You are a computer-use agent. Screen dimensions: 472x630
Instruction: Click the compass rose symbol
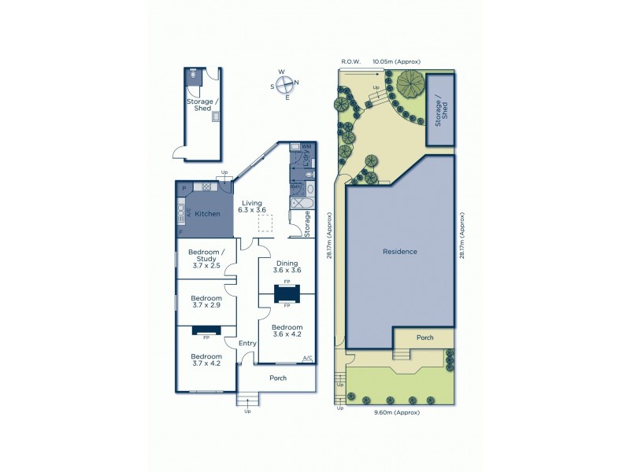click(x=287, y=84)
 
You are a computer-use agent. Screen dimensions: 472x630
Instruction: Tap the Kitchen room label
click(x=207, y=214)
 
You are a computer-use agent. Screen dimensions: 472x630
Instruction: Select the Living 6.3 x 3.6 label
click(x=254, y=207)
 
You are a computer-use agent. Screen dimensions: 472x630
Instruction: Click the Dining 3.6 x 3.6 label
click(x=287, y=266)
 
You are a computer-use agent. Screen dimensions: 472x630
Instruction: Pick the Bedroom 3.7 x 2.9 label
click(x=206, y=303)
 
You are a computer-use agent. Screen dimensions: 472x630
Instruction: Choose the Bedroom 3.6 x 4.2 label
click(x=287, y=330)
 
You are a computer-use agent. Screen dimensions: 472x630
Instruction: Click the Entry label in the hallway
click(x=247, y=343)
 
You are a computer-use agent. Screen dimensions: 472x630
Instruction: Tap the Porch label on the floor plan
click(x=277, y=378)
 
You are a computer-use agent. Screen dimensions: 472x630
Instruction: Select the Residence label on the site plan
click(x=399, y=252)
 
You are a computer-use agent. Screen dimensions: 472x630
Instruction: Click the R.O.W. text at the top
click(x=350, y=61)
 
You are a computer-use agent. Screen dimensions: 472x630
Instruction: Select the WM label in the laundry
click(x=306, y=146)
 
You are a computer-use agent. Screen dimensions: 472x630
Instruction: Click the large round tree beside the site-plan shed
click(x=410, y=83)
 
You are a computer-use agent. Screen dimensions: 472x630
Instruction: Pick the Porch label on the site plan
click(x=424, y=338)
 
